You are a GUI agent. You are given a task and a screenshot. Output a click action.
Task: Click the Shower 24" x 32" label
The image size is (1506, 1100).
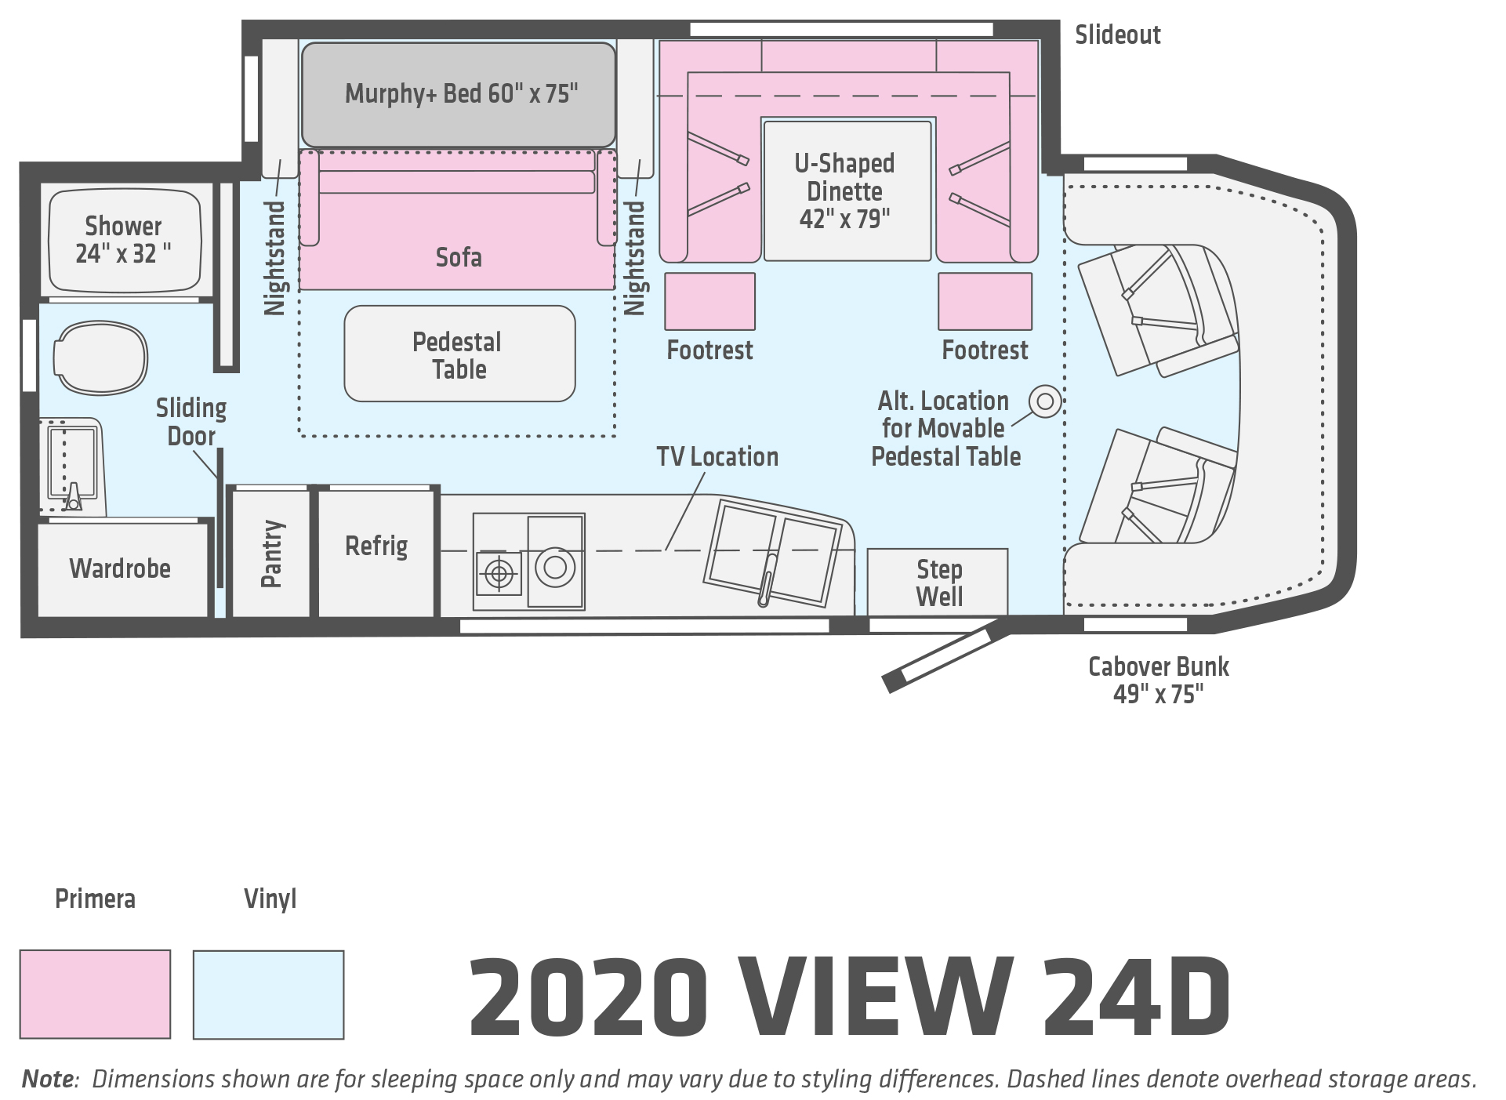123,240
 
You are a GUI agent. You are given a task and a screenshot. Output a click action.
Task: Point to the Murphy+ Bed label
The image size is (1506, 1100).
462,93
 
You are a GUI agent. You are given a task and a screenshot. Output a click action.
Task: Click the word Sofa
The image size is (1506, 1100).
459,257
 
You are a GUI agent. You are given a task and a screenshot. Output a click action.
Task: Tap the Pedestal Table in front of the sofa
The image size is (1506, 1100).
459,354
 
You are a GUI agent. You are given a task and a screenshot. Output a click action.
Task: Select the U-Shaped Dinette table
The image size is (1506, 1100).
847,191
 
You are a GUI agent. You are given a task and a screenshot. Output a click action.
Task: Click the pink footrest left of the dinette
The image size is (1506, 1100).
710,301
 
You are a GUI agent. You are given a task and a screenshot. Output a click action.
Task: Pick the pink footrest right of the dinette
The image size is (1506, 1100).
985,301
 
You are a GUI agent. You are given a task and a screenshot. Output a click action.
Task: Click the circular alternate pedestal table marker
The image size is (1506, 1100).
1045,401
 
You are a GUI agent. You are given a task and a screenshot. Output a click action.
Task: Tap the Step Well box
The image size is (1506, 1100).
938,582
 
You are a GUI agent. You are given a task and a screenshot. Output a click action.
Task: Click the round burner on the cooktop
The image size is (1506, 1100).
555,566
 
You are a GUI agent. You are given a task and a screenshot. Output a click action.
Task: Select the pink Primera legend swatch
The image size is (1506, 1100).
95,994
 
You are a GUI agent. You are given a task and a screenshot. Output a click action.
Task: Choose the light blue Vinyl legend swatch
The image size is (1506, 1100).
269,995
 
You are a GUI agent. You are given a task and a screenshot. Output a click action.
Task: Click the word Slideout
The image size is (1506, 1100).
1117,35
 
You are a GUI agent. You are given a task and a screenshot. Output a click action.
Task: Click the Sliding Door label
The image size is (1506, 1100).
191,422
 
